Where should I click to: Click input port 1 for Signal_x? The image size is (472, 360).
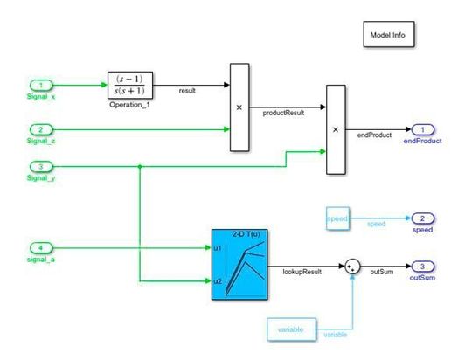tap(41, 85)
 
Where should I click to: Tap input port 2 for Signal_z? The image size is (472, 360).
tap(41, 129)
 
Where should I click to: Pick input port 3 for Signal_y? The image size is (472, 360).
tap(41, 166)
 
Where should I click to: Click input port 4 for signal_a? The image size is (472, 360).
tap(41, 247)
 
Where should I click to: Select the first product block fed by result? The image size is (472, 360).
tap(239, 108)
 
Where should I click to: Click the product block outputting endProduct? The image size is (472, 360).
tap(336, 129)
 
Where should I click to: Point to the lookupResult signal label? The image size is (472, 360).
tap(300, 273)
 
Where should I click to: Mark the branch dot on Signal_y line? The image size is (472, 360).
tap(140, 166)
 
